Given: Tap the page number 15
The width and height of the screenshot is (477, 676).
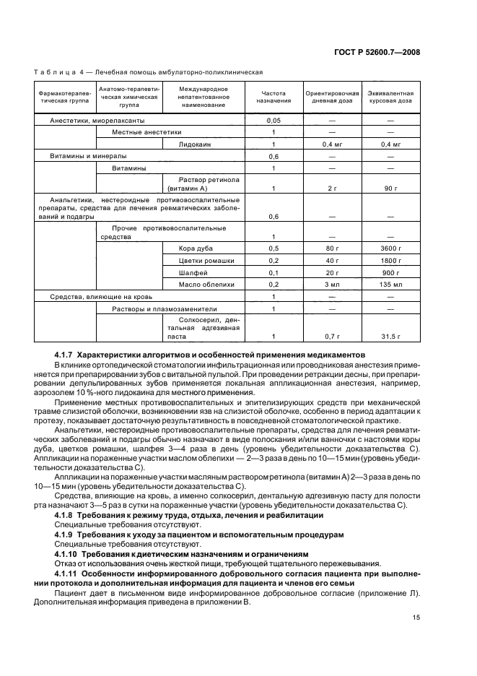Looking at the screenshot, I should tap(416, 617).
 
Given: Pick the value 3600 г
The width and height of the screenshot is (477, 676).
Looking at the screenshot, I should tap(390, 248).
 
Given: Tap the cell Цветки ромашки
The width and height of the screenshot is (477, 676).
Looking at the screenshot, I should tap(199, 260).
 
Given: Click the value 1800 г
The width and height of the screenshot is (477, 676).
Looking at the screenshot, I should tap(390, 260).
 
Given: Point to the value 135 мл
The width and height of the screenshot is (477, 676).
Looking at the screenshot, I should tap(390, 285).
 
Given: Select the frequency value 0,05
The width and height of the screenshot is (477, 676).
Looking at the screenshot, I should tap(273, 120).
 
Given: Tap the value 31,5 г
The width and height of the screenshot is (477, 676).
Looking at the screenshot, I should tap(390, 336).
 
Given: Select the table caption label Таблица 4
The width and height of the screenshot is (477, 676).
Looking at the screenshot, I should tap(59, 72).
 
